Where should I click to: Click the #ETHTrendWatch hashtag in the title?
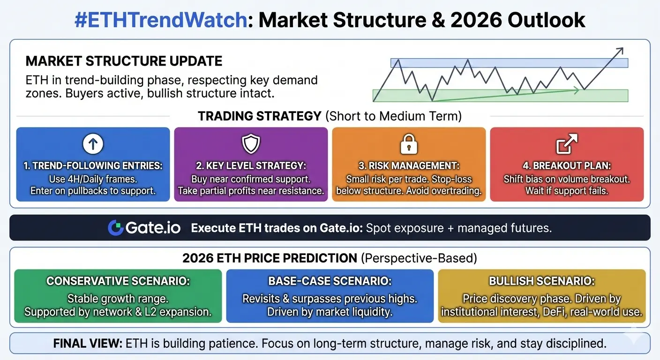click(x=161, y=20)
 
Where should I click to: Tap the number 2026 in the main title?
click(x=476, y=20)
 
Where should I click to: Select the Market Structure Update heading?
click(x=124, y=61)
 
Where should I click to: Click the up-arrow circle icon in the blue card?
click(x=93, y=144)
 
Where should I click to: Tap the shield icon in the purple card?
click(x=251, y=144)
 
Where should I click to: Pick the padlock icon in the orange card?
click(x=409, y=144)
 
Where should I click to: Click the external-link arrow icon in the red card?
click(x=567, y=144)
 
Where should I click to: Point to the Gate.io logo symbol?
click(x=115, y=228)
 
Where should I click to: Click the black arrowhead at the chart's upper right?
click(x=620, y=51)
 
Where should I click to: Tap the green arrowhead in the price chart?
click(x=576, y=90)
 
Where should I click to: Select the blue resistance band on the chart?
click(x=509, y=63)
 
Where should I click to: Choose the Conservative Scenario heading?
click(x=118, y=281)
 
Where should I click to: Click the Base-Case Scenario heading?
click(x=330, y=281)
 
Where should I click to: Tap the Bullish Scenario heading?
click(x=542, y=281)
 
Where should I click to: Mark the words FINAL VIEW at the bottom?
click(x=88, y=344)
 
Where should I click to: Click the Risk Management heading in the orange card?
click(x=409, y=166)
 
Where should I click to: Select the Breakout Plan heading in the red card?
click(x=567, y=166)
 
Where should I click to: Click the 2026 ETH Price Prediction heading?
click(x=330, y=258)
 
